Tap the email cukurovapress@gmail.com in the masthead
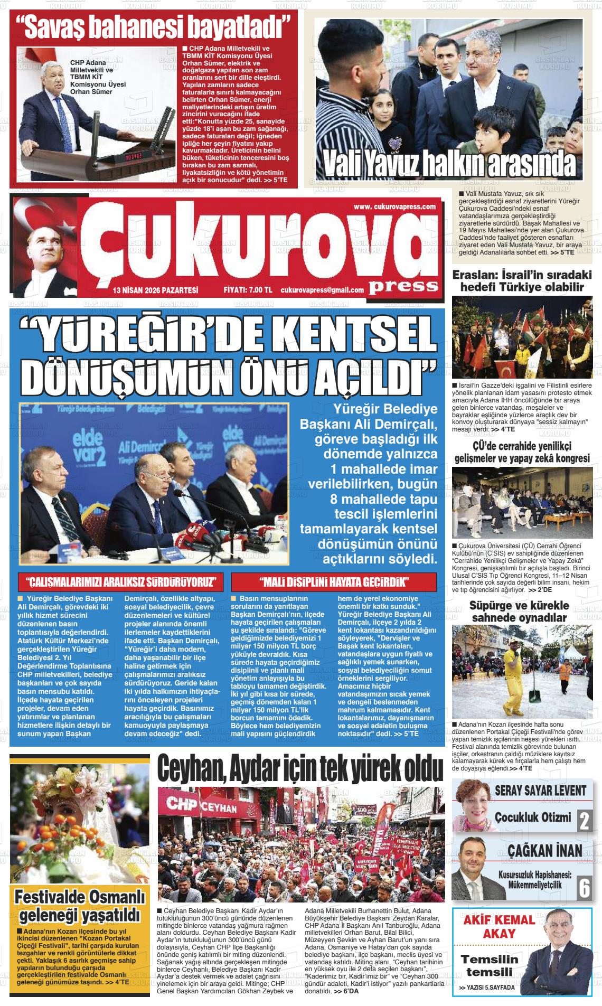click(322, 290)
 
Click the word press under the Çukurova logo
click(403, 286)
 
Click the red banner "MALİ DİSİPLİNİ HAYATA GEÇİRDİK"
click(335, 582)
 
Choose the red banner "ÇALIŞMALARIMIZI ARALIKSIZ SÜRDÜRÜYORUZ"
click(121, 582)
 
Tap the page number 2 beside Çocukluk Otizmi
click(584, 821)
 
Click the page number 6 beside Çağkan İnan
click(584, 888)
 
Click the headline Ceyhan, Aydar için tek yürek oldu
click(300, 769)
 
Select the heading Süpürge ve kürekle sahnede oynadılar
click(519, 611)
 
